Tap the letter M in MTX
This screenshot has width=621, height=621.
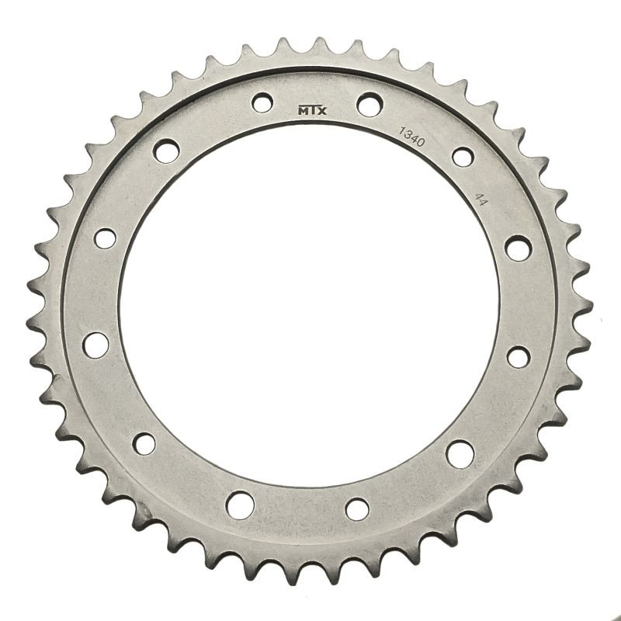(x=303, y=109)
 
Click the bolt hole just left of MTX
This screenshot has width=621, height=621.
(x=262, y=101)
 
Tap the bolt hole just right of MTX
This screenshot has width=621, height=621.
(x=369, y=102)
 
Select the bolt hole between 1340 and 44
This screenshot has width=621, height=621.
(x=462, y=155)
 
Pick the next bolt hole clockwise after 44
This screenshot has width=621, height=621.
(x=516, y=248)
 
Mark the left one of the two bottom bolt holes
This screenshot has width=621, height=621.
(x=236, y=508)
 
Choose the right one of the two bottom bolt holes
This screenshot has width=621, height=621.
(x=357, y=509)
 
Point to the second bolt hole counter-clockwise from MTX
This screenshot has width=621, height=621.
(x=165, y=150)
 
